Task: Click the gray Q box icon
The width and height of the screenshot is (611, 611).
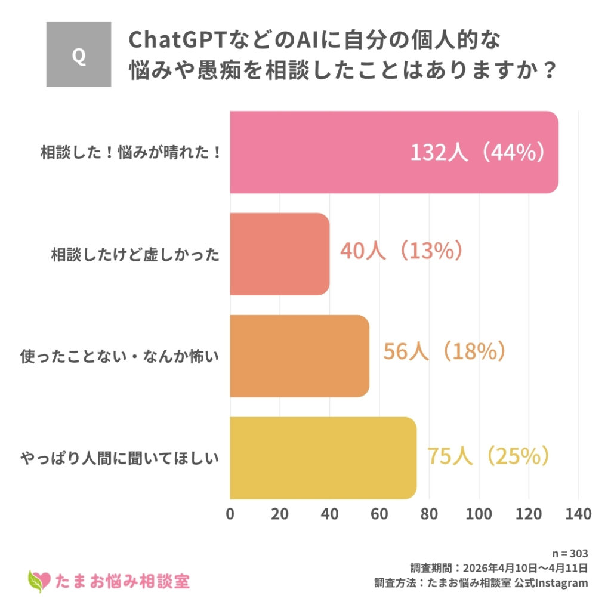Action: point(79,54)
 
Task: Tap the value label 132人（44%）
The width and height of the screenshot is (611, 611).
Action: point(477,153)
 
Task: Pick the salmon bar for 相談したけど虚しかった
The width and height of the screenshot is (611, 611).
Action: point(279,254)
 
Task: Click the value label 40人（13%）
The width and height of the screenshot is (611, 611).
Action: point(402,251)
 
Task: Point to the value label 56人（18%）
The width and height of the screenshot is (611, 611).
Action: point(445,352)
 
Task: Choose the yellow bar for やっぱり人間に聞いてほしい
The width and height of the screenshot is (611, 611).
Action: point(323,458)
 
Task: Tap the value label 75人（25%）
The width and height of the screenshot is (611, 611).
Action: point(488,456)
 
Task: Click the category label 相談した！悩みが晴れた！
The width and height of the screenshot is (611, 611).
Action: point(131,153)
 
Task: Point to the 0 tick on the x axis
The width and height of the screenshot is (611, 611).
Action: point(230,514)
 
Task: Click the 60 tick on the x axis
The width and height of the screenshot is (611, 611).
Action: point(379,514)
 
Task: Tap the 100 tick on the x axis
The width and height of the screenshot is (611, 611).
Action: point(479,514)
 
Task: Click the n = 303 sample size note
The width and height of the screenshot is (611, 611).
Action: point(571,553)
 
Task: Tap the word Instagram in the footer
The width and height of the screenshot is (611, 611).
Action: point(561,583)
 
